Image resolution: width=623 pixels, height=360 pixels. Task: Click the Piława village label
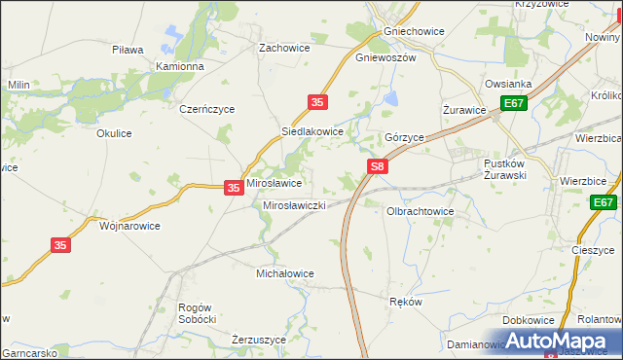click(x=128, y=50)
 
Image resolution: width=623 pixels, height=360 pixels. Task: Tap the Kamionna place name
click(x=180, y=67)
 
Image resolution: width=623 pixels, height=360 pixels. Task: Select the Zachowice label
click(x=283, y=47)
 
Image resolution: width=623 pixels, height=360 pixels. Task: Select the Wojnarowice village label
click(x=129, y=225)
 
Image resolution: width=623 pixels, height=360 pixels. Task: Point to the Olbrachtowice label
click(x=421, y=210)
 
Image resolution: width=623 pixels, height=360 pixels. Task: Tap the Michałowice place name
click(x=284, y=273)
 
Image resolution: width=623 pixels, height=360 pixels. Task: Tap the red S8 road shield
click(x=379, y=168)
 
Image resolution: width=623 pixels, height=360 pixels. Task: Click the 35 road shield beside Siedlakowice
click(x=317, y=101)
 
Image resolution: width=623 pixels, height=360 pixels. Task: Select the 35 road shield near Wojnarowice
click(x=61, y=247)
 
